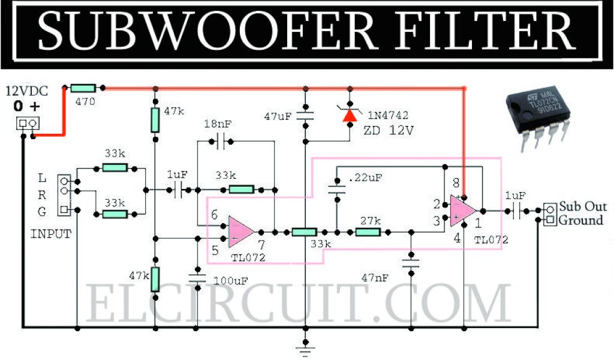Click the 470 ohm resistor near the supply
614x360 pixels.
[x=83, y=88]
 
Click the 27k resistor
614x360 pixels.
[x=368, y=232]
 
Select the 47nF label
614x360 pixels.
[x=377, y=277]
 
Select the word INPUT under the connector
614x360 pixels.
[x=50, y=234]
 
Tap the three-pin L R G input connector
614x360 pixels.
[x=64, y=194]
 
